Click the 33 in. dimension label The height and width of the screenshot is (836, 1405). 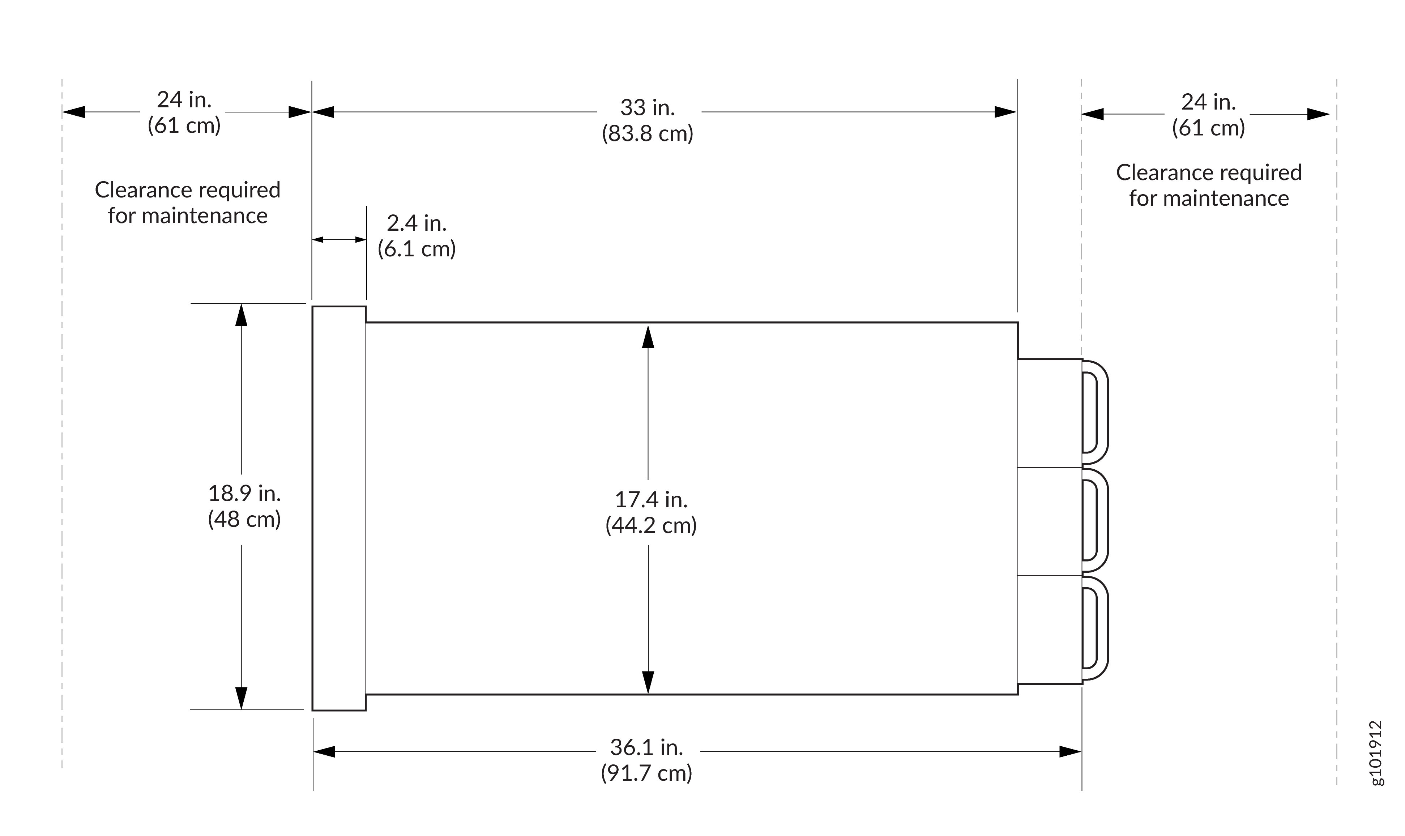coord(647,108)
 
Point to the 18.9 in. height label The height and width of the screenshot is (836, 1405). coord(244,494)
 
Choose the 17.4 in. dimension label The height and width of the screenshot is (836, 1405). coord(650,500)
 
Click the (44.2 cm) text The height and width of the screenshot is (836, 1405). coord(650,526)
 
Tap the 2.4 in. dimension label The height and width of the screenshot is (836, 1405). coord(416,224)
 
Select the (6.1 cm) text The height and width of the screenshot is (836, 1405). coord(416,249)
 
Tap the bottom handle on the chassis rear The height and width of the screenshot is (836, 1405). coord(1095,628)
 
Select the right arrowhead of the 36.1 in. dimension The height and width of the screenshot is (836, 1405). coord(1069,751)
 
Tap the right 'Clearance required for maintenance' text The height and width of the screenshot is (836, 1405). coord(1208,185)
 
